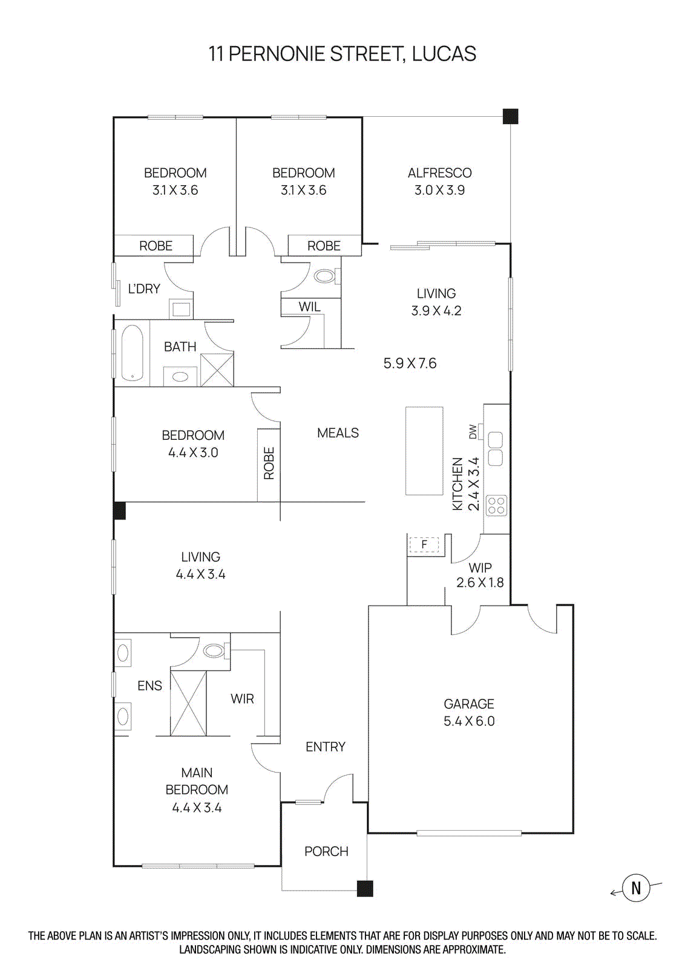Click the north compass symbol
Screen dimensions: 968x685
(x=635, y=888)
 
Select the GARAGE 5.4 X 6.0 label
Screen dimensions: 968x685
(x=469, y=712)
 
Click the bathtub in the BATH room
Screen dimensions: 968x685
(x=132, y=353)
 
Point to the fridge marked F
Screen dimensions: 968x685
(x=424, y=544)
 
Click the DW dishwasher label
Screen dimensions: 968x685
(x=473, y=431)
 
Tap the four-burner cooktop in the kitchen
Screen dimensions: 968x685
(x=496, y=505)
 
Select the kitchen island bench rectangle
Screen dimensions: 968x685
(x=424, y=451)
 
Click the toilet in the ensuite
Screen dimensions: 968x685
(x=215, y=651)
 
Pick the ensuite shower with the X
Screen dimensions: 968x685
(x=188, y=703)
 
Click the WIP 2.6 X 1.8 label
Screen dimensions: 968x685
(x=480, y=575)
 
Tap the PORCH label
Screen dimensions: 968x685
(x=326, y=851)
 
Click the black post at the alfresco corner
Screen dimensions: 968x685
(x=511, y=116)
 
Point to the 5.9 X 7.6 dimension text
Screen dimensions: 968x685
(x=410, y=363)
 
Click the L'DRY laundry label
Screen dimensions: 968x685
(x=144, y=289)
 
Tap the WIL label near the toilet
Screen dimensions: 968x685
(x=309, y=307)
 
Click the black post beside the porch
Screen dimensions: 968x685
(x=365, y=888)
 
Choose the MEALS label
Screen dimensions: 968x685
(x=338, y=433)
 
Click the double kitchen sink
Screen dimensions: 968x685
(x=495, y=448)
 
